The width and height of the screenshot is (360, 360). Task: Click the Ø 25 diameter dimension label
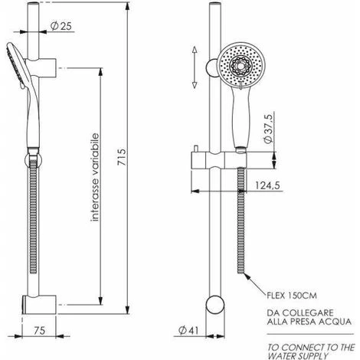(61, 26)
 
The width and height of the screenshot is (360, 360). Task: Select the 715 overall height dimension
(122, 157)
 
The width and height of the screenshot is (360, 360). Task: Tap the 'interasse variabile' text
(95, 177)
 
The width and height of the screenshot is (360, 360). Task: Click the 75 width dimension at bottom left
(39, 330)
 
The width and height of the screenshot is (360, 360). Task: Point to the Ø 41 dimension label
(188, 330)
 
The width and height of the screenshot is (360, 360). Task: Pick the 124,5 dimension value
(267, 185)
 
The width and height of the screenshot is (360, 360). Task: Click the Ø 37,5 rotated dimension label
(268, 129)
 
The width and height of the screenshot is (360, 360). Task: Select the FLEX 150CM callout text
(292, 296)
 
